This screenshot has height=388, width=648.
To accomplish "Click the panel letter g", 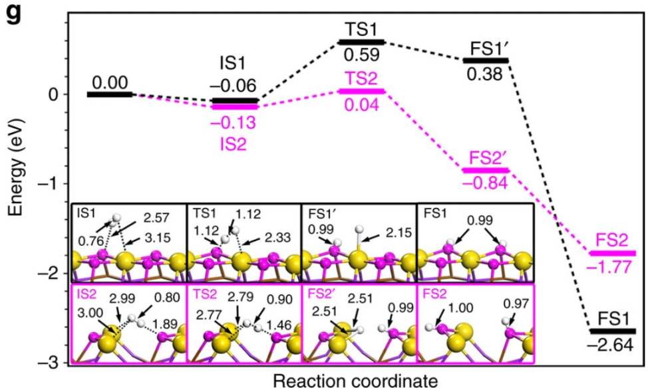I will (x=14, y=13).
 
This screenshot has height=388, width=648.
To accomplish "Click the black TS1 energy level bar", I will (x=361, y=42).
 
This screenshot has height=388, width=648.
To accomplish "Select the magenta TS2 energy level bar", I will (x=361, y=90).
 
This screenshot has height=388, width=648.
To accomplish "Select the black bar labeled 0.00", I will (x=110, y=94).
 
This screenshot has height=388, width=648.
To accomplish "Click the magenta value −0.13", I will (x=234, y=123).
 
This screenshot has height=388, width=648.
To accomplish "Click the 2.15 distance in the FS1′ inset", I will (x=397, y=233).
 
